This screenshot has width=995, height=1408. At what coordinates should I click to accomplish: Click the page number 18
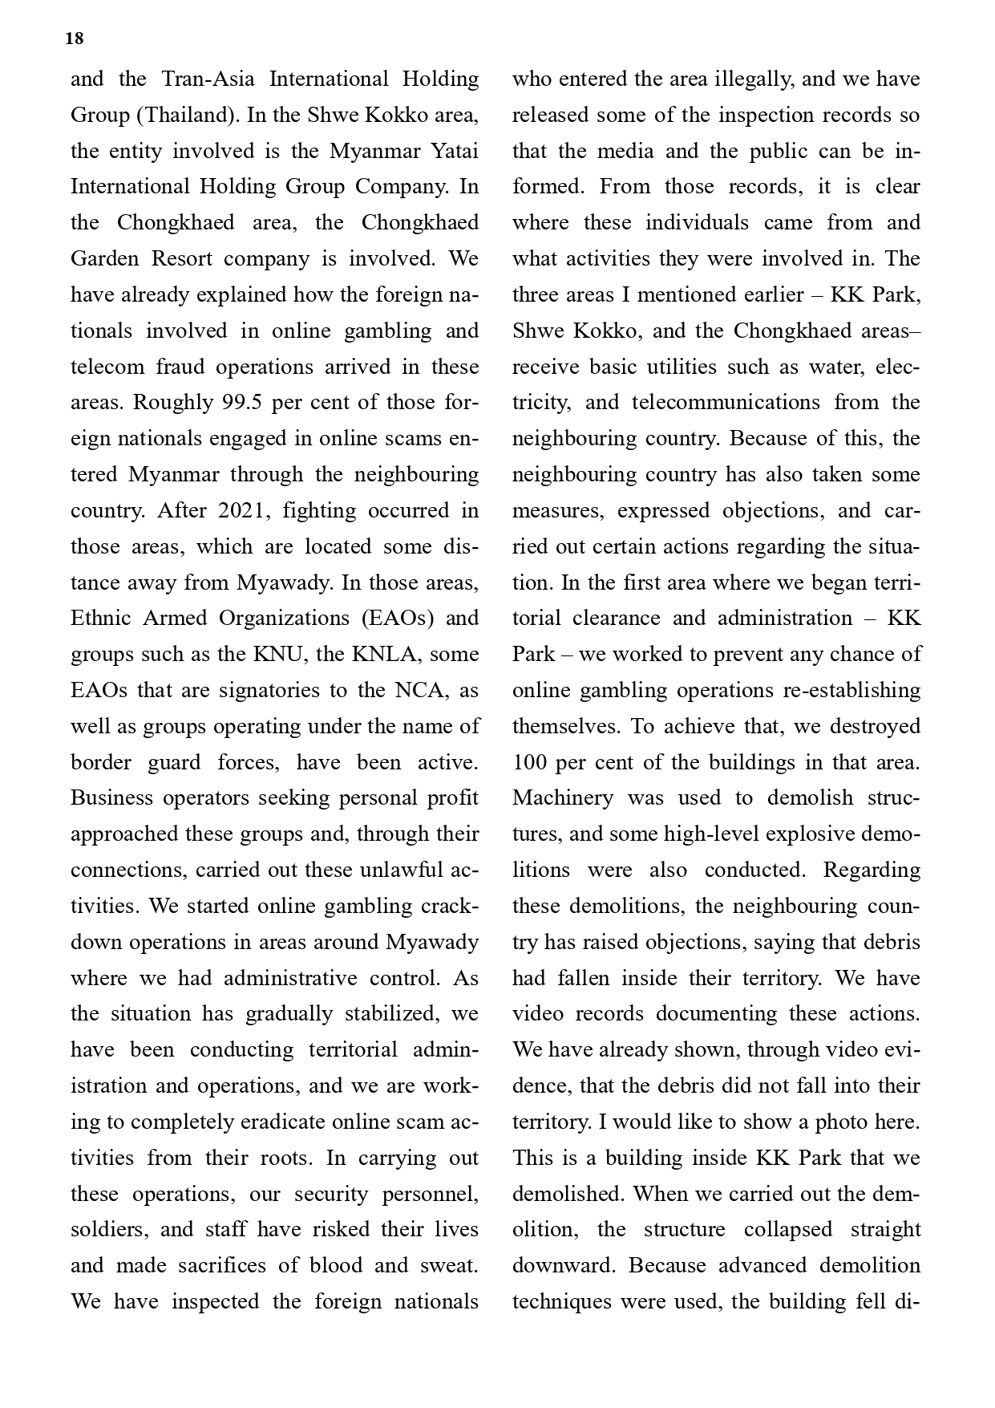click(x=74, y=39)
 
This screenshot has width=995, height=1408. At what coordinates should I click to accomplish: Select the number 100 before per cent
click(x=529, y=762)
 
